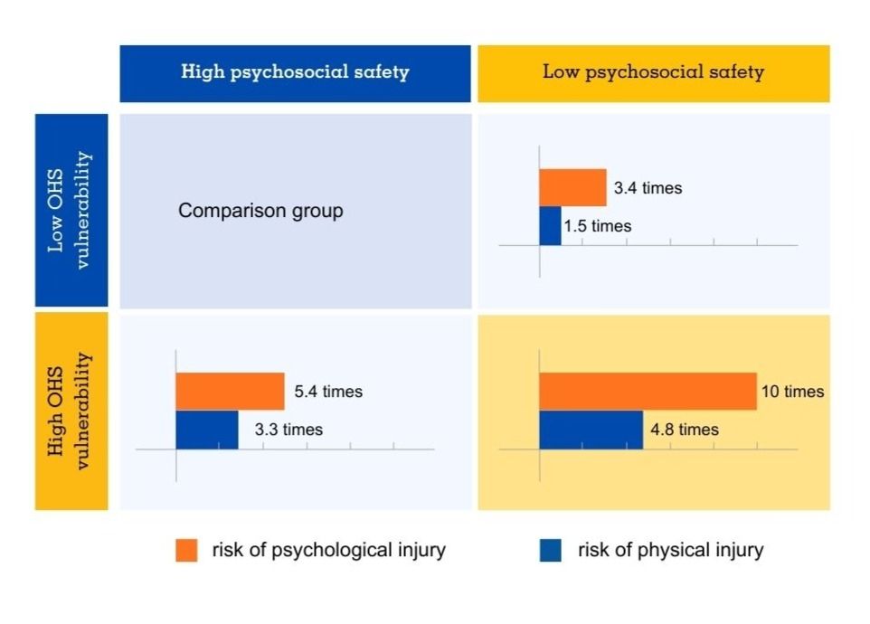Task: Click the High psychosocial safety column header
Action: (295, 72)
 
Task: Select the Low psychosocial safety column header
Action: (653, 72)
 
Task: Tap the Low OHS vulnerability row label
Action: (71, 210)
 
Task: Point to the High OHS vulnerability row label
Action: (71, 411)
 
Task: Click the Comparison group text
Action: (260, 212)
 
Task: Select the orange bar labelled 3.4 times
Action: (572, 188)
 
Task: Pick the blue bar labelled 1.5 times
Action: (550, 226)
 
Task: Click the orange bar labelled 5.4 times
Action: (230, 392)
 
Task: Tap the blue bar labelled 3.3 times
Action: (206, 430)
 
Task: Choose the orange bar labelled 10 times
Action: (648, 392)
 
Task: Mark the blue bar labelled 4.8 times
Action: (591, 430)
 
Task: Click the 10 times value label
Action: (793, 392)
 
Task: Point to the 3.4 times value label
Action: (648, 189)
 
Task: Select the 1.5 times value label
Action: (597, 226)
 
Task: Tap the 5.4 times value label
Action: (328, 392)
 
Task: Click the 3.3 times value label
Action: (288, 430)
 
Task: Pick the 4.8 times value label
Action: (685, 430)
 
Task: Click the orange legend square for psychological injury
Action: (186, 550)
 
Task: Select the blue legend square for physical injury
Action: (550, 550)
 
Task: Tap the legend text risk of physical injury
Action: (670, 550)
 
